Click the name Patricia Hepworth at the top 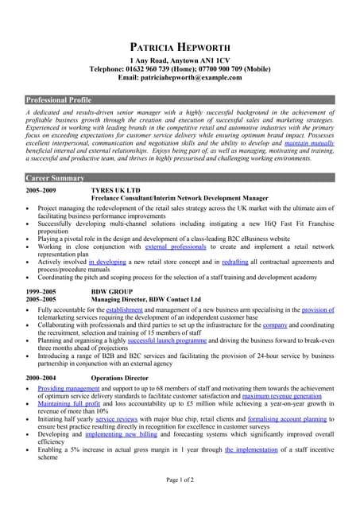click(x=180, y=46)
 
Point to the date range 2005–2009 click(x=41, y=192)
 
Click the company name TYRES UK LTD click(x=115, y=192)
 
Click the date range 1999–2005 click(x=41, y=293)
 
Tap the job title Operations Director click(x=119, y=377)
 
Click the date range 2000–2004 click(x=41, y=377)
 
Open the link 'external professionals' click(x=176, y=247)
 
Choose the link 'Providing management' click(x=68, y=389)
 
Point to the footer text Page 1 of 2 click(x=180, y=480)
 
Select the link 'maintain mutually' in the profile click(x=309, y=143)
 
